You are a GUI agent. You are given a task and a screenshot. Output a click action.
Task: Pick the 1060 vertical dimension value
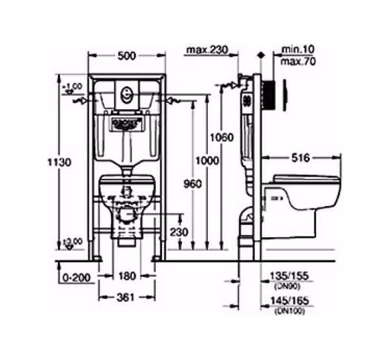(x=222, y=136)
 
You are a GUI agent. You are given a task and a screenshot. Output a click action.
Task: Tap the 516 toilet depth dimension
(x=300, y=157)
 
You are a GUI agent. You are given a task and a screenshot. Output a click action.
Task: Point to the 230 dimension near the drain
(x=178, y=232)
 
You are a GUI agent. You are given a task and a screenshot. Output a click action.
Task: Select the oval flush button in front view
(x=125, y=93)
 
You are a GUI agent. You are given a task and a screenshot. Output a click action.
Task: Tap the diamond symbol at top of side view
(x=260, y=53)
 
